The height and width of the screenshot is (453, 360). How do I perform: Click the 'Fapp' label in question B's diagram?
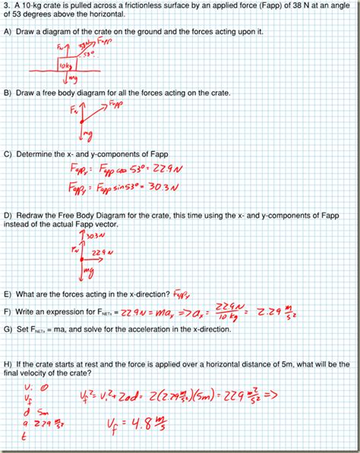pyautogui.click(x=116, y=101)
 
